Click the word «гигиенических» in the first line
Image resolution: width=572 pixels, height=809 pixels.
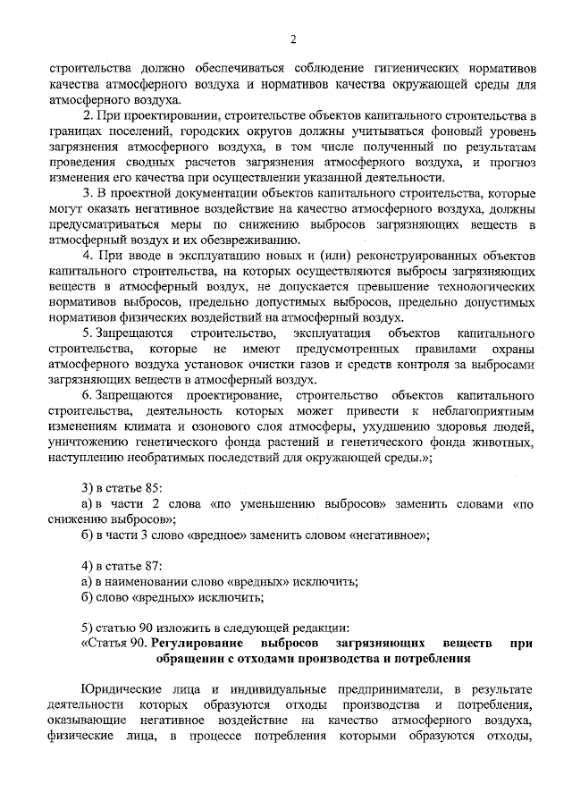405,67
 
